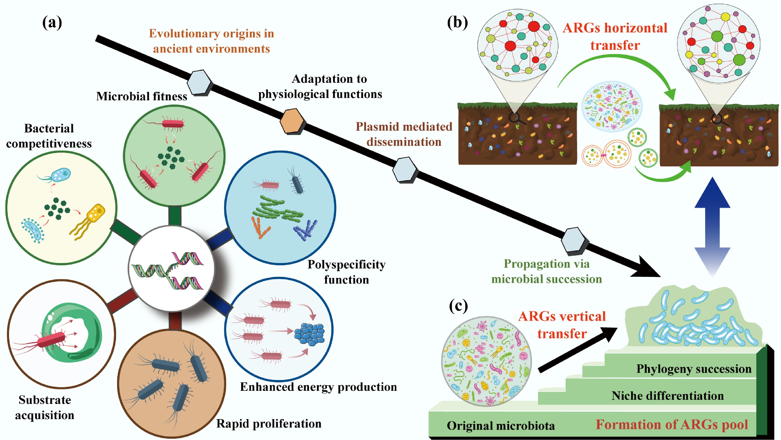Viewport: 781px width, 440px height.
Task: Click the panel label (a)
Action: tap(52, 23)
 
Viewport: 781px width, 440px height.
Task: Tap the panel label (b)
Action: tap(457, 23)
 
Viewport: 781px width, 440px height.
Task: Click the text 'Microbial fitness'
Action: tap(142, 96)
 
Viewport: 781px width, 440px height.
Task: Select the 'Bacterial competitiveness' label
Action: tap(49, 136)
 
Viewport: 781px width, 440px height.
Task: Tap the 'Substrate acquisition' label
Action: tap(45, 407)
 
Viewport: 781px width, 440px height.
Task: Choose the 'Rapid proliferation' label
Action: tap(269, 423)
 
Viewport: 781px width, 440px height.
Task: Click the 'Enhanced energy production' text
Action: tap(318, 387)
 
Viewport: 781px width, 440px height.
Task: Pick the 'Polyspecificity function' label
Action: tap(347, 272)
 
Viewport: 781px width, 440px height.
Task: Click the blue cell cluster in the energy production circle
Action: tap(309, 334)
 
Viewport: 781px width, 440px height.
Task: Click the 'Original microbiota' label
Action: tap(501, 426)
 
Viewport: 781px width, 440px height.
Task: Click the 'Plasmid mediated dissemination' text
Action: tap(404, 134)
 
